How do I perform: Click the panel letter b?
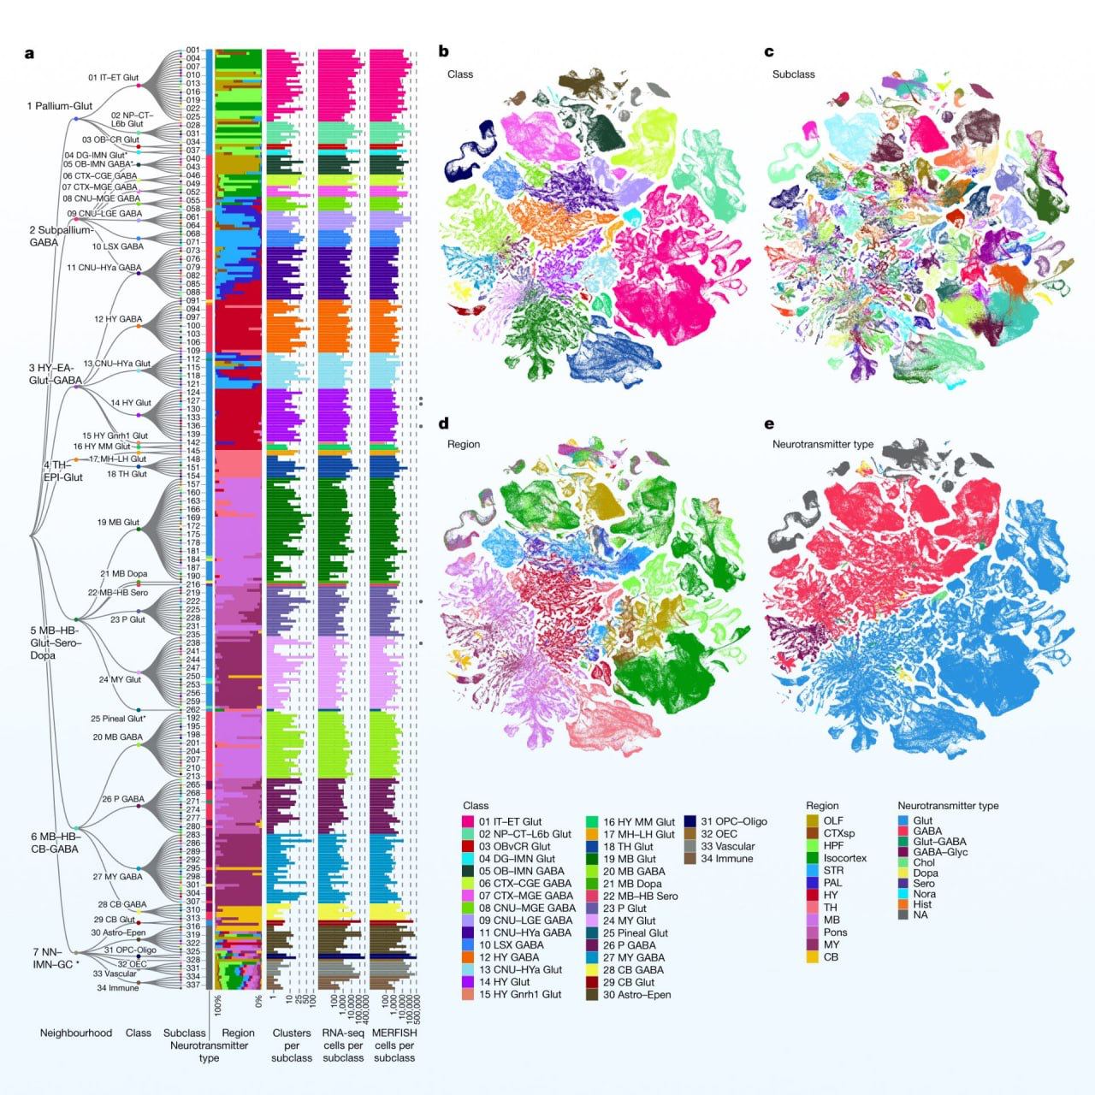(x=443, y=51)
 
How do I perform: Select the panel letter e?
(x=769, y=423)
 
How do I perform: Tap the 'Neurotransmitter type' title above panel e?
(x=822, y=444)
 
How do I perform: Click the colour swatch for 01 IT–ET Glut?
(x=468, y=821)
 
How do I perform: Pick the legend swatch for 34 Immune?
(x=690, y=859)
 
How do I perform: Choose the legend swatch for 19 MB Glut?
(x=592, y=859)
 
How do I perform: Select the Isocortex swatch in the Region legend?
(x=812, y=858)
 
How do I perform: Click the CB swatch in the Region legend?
(x=812, y=957)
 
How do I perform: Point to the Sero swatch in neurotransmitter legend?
(x=903, y=884)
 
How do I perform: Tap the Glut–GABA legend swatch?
(x=903, y=842)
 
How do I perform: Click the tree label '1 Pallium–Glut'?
(x=60, y=106)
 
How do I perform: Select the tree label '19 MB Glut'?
(x=118, y=522)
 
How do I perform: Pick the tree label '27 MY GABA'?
(x=117, y=877)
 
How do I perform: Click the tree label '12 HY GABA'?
(x=118, y=319)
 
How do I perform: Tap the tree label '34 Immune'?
(x=117, y=988)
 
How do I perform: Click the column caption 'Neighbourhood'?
(x=76, y=1033)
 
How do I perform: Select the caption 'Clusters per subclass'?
(x=292, y=1045)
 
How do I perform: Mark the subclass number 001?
(x=192, y=50)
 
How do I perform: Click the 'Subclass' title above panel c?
(x=793, y=74)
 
